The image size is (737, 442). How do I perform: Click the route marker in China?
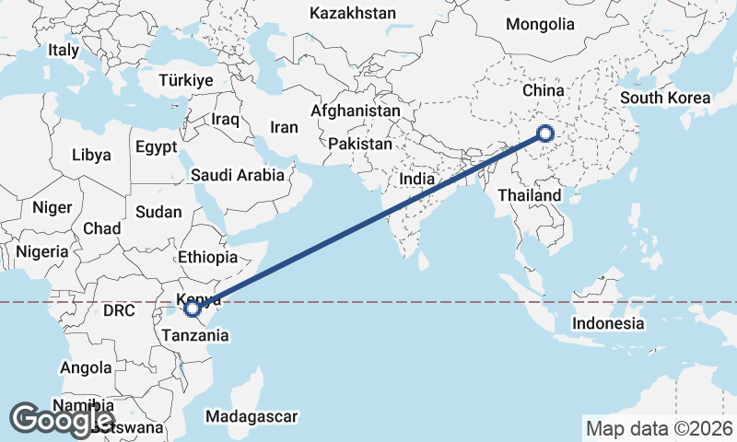coord(544,134)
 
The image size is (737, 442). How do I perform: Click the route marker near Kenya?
coord(193,308)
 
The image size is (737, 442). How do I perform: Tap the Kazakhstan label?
coord(353,13)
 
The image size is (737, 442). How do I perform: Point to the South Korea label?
coord(665,98)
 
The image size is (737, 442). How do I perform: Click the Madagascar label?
coord(252,416)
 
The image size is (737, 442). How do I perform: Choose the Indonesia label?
coord(608,323)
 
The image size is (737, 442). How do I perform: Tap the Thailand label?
coord(530,195)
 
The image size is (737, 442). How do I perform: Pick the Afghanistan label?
coord(356,110)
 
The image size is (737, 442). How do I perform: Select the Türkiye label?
coord(185,80)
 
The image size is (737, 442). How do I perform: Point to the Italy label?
coord(64,51)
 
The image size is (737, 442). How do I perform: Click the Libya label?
coord(91,155)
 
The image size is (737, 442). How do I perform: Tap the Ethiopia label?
coord(208,258)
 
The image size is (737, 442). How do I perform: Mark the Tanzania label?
coord(194,335)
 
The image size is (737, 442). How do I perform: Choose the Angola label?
coord(86,368)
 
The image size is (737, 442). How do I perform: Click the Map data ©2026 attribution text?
coord(660,428)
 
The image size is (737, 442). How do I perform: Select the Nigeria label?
coord(41,251)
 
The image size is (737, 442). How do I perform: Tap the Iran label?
coord(284,127)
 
